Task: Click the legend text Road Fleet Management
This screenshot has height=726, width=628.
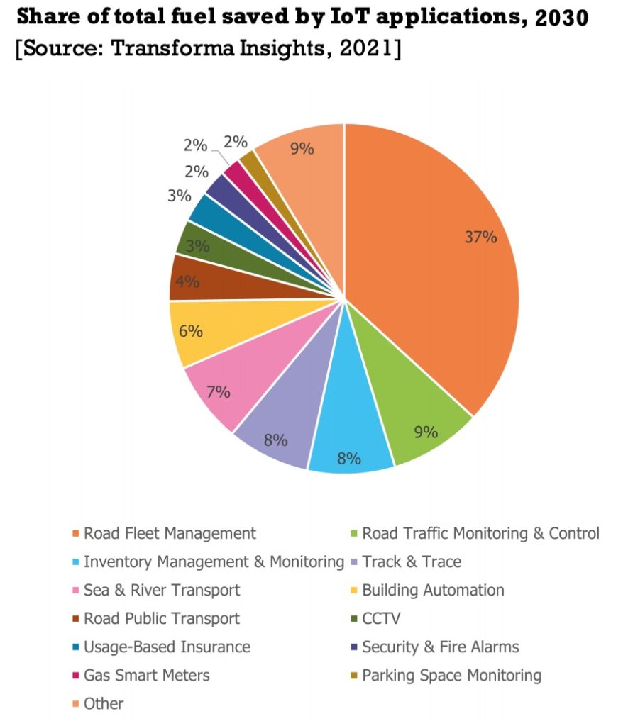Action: (x=170, y=533)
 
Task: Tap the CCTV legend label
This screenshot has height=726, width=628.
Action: (x=381, y=618)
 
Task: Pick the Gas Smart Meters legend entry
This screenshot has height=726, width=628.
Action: (x=146, y=675)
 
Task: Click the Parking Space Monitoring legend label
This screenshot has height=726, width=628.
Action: (x=451, y=675)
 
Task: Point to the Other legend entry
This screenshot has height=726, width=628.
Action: (x=104, y=703)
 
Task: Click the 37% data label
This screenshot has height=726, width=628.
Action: (x=480, y=238)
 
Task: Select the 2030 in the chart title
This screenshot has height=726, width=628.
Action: (x=562, y=18)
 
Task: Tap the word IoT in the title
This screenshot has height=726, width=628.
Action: (x=333, y=18)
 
